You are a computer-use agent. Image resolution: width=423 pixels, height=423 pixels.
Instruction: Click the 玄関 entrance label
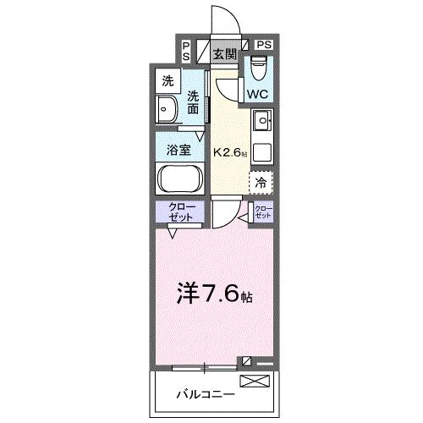point(224,55)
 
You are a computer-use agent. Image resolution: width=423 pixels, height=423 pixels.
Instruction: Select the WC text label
point(258,94)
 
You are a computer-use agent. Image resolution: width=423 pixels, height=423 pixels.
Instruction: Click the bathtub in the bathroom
point(179,179)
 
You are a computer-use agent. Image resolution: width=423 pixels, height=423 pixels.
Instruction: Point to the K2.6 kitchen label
point(230,153)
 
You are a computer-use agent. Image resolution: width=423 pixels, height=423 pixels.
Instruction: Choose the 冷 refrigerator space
point(261,181)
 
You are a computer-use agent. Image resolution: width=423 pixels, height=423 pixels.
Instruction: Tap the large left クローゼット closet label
point(179,212)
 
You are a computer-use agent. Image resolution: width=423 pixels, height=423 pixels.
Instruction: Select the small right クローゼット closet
point(263,211)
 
